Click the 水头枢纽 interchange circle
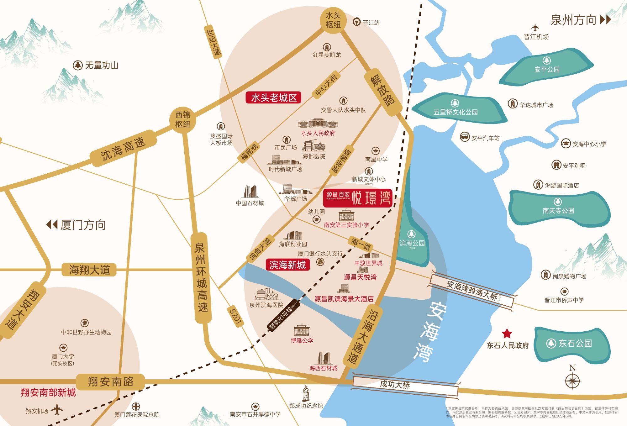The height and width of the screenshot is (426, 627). pyautogui.click(x=333, y=20)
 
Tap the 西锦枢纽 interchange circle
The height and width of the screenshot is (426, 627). pyautogui.click(x=182, y=119)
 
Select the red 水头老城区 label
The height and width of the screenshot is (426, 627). pyautogui.click(x=274, y=98)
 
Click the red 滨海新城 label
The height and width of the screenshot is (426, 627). pyautogui.click(x=287, y=265)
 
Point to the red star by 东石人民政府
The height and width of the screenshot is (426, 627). pyautogui.click(x=507, y=334)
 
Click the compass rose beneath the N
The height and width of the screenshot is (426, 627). pyautogui.click(x=572, y=381)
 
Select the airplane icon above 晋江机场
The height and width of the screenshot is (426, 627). pyautogui.click(x=535, y=28)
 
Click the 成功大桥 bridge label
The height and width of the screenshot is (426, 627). pyautogui.click(x=395, y=384)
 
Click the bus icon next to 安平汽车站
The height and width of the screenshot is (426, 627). pyautogui.click(x=465, y=137)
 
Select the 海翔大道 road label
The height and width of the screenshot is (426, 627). pyautogui.click(x=89, y=270)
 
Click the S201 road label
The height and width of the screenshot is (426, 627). pyautogui.click(x=235, y=317)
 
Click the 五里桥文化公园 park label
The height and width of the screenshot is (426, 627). pyautogui.click(x=456, y=112)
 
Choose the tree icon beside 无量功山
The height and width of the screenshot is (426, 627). pyautogui.click(x=77, y=65)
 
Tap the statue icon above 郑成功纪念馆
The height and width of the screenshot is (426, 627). pyautogui.click(x=306, y=394)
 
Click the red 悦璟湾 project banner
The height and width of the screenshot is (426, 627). pyautogui.click(x=358, y=198)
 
